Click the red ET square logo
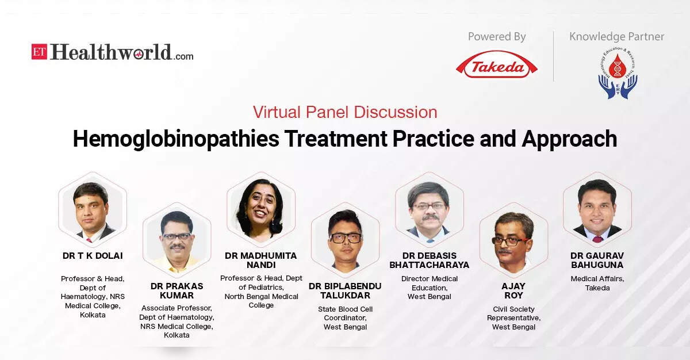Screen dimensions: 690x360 click(39, 51)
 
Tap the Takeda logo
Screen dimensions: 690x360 click(497, 64)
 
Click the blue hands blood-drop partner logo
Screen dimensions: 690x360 click(618, 73)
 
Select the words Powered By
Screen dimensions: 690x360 click(497, 37)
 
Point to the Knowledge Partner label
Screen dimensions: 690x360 click(616, 37)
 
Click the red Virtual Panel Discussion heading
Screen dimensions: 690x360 click(345, 112)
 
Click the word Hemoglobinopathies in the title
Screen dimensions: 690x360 click(176, 139)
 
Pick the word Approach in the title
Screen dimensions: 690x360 click(570, 139)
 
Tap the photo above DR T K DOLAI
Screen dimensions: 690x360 click(93, 209)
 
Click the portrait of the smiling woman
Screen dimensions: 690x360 click(261, 209)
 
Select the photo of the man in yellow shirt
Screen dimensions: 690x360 click(177, 240)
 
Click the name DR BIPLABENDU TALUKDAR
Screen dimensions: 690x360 click(345, 291)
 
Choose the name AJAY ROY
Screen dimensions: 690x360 click(513, 291)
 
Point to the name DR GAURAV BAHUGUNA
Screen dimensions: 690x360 click(597, 260)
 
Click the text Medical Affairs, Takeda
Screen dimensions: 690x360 click(597, 284)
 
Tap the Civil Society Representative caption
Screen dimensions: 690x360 click(513, 318)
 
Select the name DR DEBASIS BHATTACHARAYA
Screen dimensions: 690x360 click(429, 260)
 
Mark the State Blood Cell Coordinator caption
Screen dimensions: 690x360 click(345, 318)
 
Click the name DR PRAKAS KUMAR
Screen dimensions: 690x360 click(177, 291)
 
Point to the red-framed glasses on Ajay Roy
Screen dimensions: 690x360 click(510, 241)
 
